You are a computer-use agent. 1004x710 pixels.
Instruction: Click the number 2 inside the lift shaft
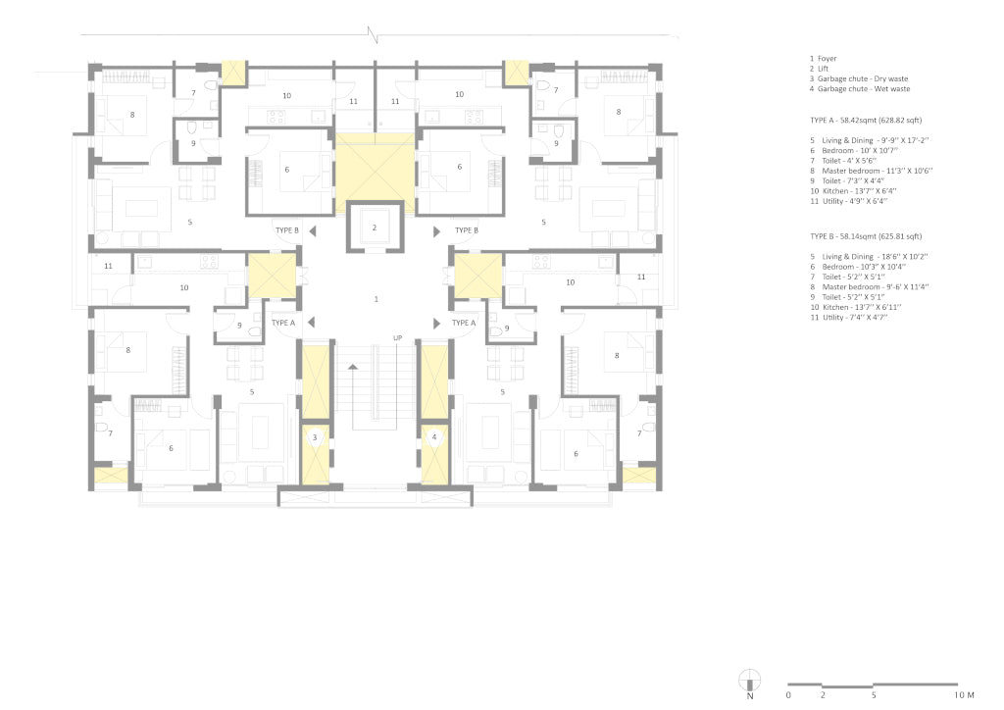coord(375,228)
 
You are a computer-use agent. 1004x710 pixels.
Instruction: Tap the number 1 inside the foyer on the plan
coord(376,299)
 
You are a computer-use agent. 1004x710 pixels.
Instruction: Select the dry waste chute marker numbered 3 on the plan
coord(315,438)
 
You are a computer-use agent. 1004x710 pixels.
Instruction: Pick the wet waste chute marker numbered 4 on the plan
coord(434,438)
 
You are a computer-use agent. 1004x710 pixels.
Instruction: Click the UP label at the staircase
coord(398,338)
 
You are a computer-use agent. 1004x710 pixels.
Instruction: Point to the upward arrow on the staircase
coord(353,367)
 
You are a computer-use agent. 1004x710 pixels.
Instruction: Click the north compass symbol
coord(750,681)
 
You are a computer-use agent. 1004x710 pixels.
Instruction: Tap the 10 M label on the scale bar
coord(965,695)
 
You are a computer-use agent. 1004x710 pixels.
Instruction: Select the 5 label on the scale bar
coord(874,695)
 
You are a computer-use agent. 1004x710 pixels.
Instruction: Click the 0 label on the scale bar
coord(788,695)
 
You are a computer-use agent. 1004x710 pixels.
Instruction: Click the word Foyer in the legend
coord(827,58)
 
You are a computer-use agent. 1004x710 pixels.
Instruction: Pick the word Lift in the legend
coord(823,69)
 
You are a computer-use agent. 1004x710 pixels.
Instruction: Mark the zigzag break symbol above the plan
coord(373,34)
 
